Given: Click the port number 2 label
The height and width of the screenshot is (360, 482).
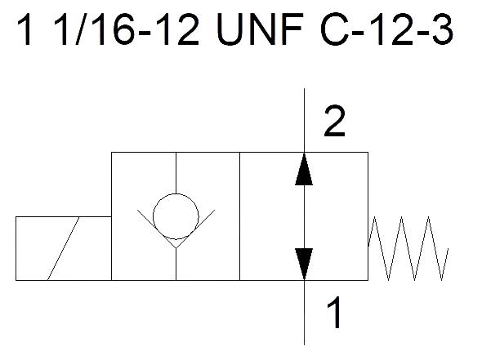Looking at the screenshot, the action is pyautogui.click(x=334, y=121).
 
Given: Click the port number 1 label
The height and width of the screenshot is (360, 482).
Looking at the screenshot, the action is pyautogui.click(x=334, y=312).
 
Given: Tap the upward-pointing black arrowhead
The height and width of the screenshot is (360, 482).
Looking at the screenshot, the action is pyautogui.click(x=304, y=169).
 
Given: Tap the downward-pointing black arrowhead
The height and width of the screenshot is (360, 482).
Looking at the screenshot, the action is pyautogui.click(x=304, y=264).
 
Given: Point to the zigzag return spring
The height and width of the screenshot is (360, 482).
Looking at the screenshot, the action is pyautogui.click(x=408, y=248).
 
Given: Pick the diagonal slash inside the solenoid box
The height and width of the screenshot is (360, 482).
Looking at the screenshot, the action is pyautogui.click(x=64, y=248).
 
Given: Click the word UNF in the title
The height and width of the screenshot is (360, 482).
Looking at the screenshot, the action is pyautogui.click(x=260, y=29).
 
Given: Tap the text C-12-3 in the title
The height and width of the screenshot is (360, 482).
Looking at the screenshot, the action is pyautogui.click(x=386, y=29).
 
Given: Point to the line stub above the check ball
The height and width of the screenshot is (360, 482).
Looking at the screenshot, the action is pyautogui.click(x=176, y=173).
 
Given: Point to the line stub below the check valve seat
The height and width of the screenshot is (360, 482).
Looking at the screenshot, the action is pyautogui.click(x=176, y=264).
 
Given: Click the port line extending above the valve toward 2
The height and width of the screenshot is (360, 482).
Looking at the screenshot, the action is pyautogui.click(x=305, y=120).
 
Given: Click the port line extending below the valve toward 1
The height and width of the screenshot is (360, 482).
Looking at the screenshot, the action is pyautogui.click(x=305, y=313).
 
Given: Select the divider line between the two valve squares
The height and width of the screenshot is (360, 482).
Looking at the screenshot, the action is pyautogui.click(x=239, y=216).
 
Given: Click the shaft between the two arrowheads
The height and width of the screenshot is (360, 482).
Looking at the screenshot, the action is pyautogui.click(x=305, y=217).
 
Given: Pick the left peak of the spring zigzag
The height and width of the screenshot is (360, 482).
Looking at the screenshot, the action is pyautogui.click(x=375, y=217).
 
